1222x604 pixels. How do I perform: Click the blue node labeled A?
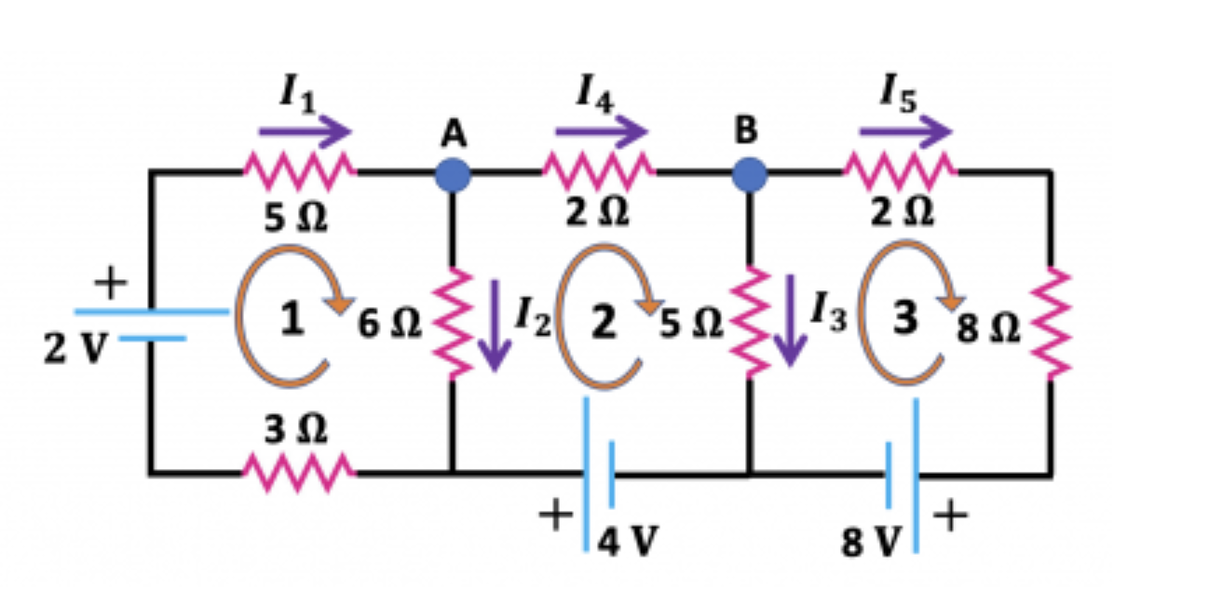(x=453, y=173)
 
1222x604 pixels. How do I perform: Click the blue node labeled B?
(x=748, y=173)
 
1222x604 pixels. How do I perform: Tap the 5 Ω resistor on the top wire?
(x=299, y=169)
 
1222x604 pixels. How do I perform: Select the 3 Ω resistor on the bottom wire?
(x=298, y=472)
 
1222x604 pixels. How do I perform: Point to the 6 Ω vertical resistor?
(x=453, y=323)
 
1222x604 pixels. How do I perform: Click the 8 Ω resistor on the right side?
(x=1052, y=323)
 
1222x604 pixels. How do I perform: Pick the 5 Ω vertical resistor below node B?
(x=749, y=323)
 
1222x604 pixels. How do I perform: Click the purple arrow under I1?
(x=305, y=132)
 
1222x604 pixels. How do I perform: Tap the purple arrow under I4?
(x=601, y=132)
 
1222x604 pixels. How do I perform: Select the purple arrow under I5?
(x=904, y=132)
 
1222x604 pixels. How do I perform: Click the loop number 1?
(x=292, y=320)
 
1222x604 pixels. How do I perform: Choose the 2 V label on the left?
(x=74, y=350)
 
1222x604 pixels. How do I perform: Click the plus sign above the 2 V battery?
(x=110, y=283)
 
